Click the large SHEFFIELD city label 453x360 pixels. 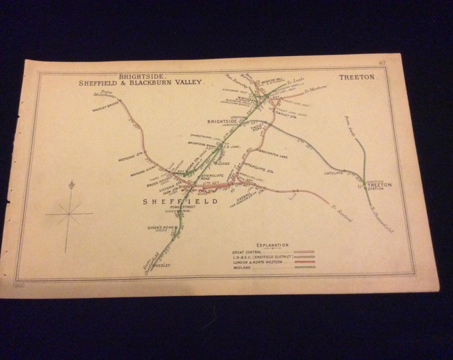[179, 201]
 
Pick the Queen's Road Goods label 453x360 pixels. [162, 228]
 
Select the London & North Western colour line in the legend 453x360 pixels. [303, 263]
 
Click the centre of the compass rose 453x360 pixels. [69, 213]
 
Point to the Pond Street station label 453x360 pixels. [181, 209]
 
